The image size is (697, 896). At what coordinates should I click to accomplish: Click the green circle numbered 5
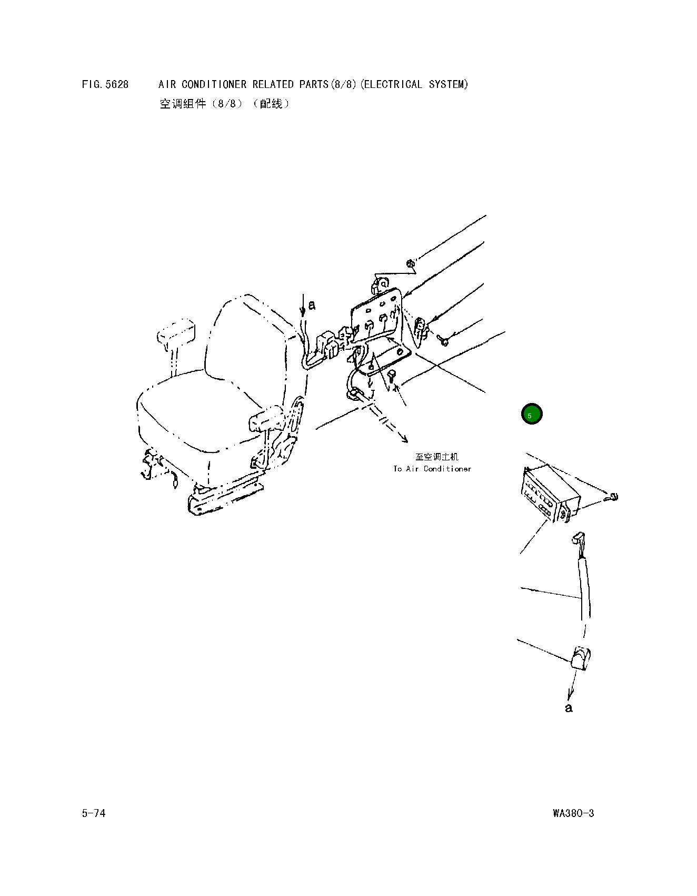[531, 414]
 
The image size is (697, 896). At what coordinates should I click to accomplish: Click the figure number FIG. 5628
[105, 84]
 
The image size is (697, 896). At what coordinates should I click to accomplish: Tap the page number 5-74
[94, 813]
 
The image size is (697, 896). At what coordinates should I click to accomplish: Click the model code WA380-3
[573, 813]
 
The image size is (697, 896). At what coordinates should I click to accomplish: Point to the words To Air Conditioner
[432, 468]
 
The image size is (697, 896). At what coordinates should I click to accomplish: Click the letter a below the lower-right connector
[569, 708]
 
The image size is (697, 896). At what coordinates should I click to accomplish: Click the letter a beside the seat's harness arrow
[312, 305]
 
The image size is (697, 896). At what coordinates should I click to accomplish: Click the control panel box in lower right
[550, 493]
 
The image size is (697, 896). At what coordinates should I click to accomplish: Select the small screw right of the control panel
[613, 497]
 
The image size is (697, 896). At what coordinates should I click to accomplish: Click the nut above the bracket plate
[410, 263]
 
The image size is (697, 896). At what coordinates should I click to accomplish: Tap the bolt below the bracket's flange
[392, 375]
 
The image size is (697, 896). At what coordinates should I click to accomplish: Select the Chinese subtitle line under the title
[225, 104]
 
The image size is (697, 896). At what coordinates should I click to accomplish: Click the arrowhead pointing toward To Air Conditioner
[404, 439]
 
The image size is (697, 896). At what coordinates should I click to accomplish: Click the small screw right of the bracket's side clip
[443, 341]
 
